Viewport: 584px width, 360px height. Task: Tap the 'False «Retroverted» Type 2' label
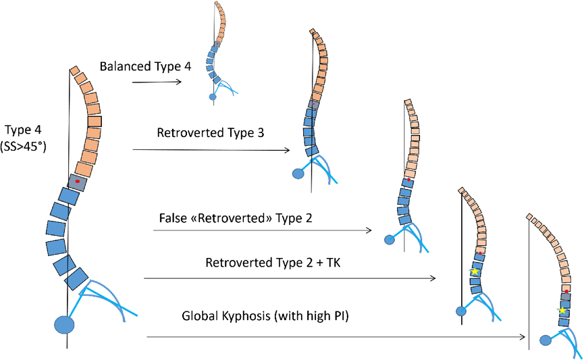pos(235,219)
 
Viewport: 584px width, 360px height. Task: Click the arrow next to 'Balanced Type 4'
pos(157,82)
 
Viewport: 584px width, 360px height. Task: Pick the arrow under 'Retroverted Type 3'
pos(212,149)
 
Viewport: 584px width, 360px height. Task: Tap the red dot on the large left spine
pos(78,182)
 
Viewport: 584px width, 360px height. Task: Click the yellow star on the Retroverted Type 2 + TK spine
pos(475,271)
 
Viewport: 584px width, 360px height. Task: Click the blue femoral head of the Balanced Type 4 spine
pos(213,97)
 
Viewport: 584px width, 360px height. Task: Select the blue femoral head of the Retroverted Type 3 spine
pos(297,174)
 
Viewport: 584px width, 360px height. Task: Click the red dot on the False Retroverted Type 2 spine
pos(408,180)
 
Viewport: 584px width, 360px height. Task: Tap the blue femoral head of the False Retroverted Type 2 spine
pos(390,240)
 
